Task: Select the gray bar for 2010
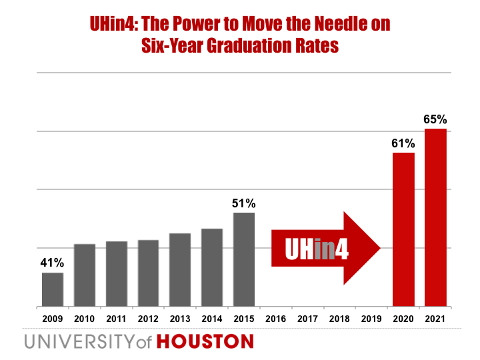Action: (x=85, y=275)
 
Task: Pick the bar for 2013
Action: (x=180, y=269)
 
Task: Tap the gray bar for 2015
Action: (x=244, y=259)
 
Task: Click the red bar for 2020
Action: (x=403, y=229)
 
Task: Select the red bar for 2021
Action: (x=435, y=217)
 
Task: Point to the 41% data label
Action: (x=52, y=262)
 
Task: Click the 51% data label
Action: (x=244, y=203)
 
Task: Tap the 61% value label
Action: (x=403, y=143)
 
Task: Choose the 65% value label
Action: (x=435, y=119)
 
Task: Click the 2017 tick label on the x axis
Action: (x=307, y=319)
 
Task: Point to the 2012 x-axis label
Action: (x=149, y=319)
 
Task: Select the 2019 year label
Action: (x=371, y=319)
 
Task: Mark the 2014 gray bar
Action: (x=212, y=267)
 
